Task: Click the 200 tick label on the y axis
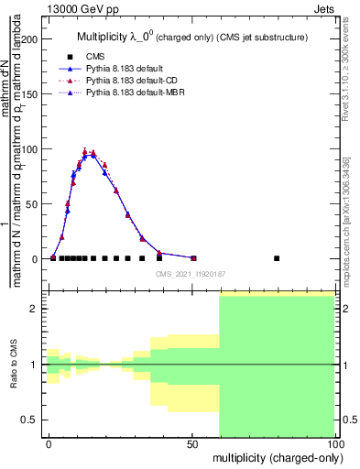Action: [x=30, y=39]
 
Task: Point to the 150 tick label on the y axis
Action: [x=30, y=94]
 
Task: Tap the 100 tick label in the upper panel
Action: [x=30, y=149]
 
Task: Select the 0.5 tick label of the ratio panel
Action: [x=29, y=420]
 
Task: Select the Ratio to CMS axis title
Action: [x=15, y=365]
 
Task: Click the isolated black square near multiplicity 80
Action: [x=277, y=258]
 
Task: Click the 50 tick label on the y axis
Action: [x=33, y=204]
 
